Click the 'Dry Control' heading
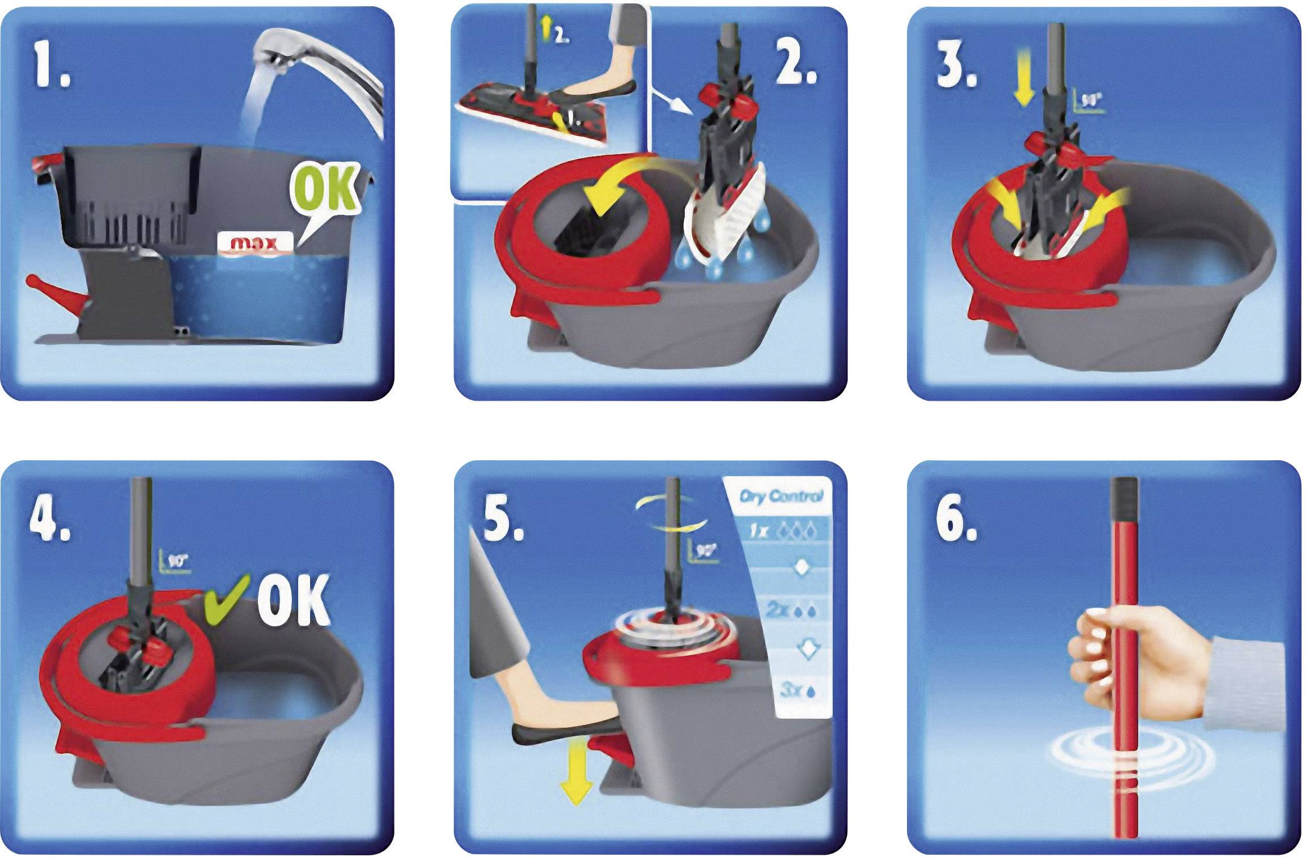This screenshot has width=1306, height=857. click(781, 497)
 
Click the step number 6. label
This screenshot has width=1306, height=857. click(957, 521)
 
